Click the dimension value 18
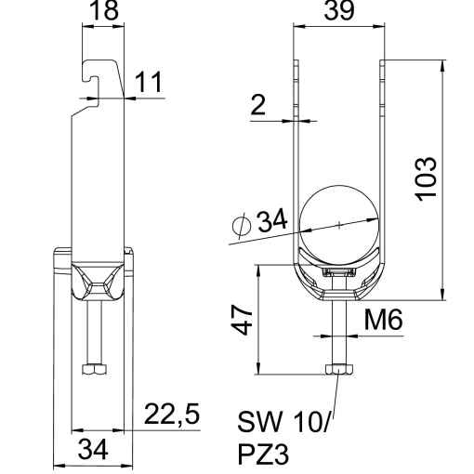pos(103,12)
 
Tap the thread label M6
pos(383,321)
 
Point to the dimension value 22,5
pos(172,415)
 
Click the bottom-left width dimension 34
pos(90,451)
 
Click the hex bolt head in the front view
pos(338,370)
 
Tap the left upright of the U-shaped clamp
pos(296,158)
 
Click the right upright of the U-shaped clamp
pos(382,158)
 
